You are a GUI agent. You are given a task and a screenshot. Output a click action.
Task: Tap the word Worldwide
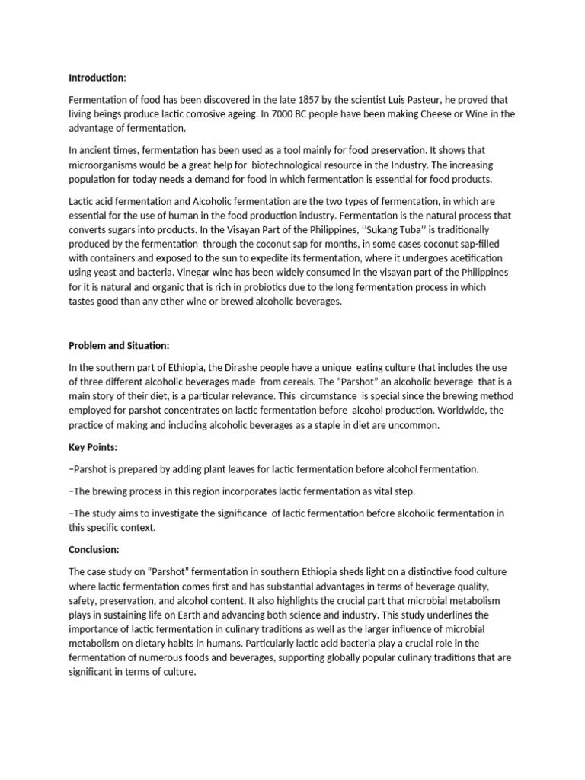[x=458, y=411]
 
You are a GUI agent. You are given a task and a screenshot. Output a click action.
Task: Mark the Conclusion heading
[x=94, y=549]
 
